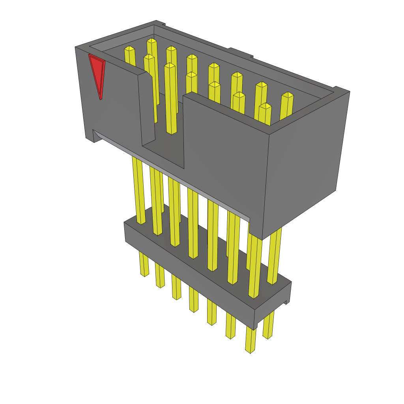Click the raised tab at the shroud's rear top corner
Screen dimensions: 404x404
coord(160,24)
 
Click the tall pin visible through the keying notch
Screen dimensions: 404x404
coord(170,99)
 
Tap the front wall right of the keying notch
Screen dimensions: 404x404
coord(225,158)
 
